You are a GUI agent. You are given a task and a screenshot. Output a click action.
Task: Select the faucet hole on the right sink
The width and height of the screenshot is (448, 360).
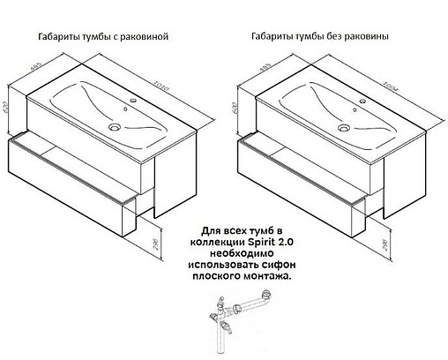point(359,101)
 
